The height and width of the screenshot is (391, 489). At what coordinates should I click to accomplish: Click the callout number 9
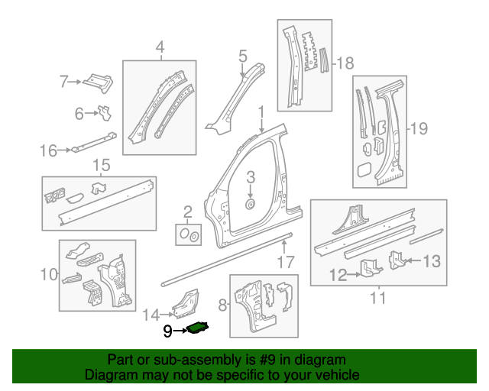(x=167, y=331)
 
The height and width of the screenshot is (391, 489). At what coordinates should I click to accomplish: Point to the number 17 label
(x=285, y=263)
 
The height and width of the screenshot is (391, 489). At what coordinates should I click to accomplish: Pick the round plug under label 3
(x=250, y=205)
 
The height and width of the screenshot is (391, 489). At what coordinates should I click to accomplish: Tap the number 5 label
(x=242, y=56)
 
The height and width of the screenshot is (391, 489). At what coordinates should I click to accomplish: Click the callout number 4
(x=160, y=49)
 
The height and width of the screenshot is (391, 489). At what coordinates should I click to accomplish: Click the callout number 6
(x=79, y=114)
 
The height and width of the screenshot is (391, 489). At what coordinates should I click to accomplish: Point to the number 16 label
(x=47, y=150)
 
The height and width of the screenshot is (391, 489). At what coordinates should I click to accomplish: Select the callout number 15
(x=101, y=165)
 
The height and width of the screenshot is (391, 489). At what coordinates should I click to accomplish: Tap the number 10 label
(x=48, y=273)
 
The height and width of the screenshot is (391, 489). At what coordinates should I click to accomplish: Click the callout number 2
(x=187, y=212)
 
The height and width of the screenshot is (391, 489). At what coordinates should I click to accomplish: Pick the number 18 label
(x=345, y=62)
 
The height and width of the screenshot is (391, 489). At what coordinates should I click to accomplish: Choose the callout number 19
(x=419, y=128)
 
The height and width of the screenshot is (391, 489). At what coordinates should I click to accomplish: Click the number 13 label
(x=432, y=262)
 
